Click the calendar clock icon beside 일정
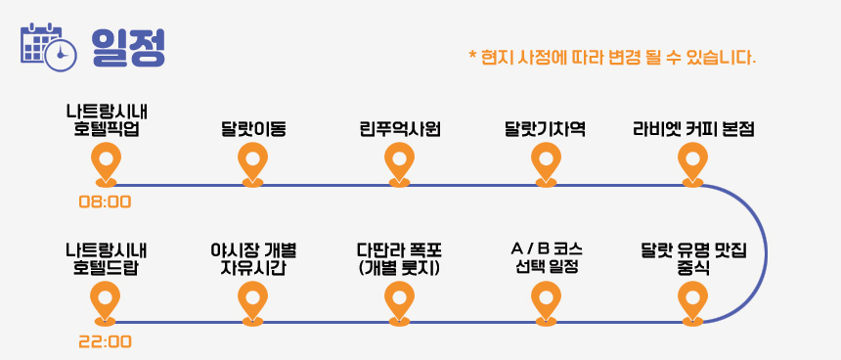[48, 47]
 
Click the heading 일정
[128, 47]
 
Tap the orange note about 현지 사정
[612, 57]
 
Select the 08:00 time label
[106, 202]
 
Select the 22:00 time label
[106, 341]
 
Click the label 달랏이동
[252, 129]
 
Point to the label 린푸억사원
[400, 129]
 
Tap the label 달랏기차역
[545, 129]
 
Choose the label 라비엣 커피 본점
[693, 129]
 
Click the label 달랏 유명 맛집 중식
[693, 259]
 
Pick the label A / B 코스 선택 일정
[547, 258]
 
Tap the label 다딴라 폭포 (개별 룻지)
[399, 259]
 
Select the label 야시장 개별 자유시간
[253, 259]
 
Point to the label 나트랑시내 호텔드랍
[107, 259]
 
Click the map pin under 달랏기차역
[546, 164]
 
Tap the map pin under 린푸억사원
[400, 164]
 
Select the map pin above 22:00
[106, 303]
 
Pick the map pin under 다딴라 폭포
[400, 303]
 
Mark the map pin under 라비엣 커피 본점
[692, 164]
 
